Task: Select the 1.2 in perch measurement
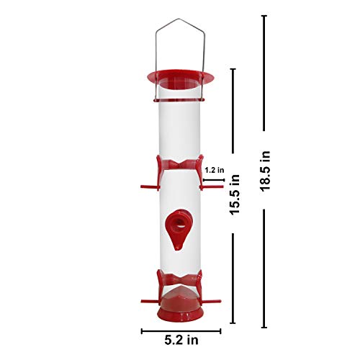(x=215, y=170)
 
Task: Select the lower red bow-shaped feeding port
(x=177, y=280)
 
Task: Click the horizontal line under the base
(x=177, y=331)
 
